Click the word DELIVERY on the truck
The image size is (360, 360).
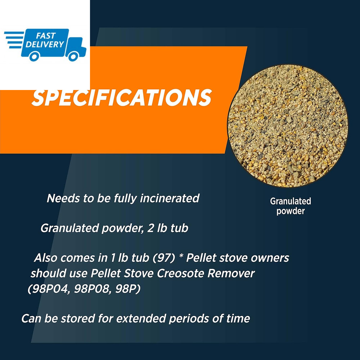coord(44,44)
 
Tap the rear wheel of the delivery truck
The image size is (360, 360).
coord(35,56)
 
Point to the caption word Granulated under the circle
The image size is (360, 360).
coord(291,201)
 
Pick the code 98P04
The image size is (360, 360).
coord(49,289)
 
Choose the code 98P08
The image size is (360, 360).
coord(93,289)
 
